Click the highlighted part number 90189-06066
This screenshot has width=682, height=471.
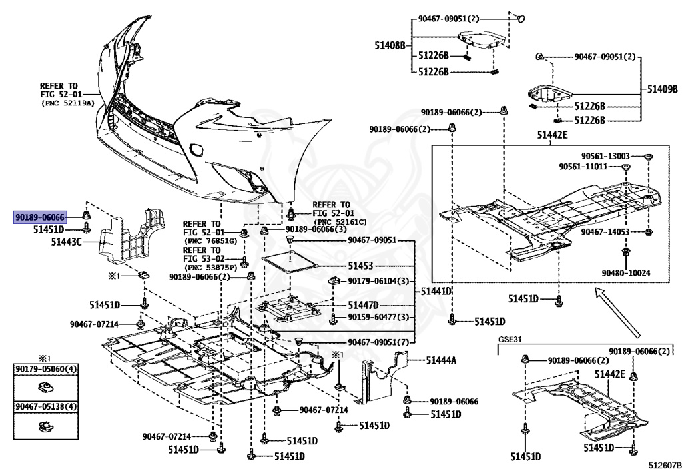[x=40, y=217]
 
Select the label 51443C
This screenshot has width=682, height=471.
[x=66, y=242]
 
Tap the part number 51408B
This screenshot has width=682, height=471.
[x=390, y=45]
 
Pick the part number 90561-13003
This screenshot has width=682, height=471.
[x=605, y=155]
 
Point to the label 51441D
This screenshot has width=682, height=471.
[x=436, y=292]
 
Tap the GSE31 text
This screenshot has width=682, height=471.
[x=511, y=339]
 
